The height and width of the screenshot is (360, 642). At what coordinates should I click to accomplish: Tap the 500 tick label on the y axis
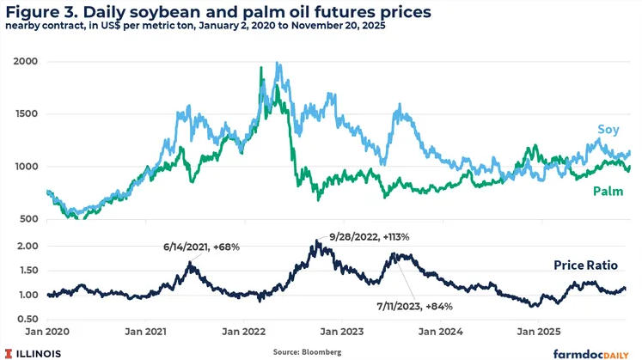[28, 219]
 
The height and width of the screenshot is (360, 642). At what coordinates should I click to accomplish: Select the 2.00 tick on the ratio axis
[26, 246]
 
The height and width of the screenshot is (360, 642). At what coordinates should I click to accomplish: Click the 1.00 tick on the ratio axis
[26, 296]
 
